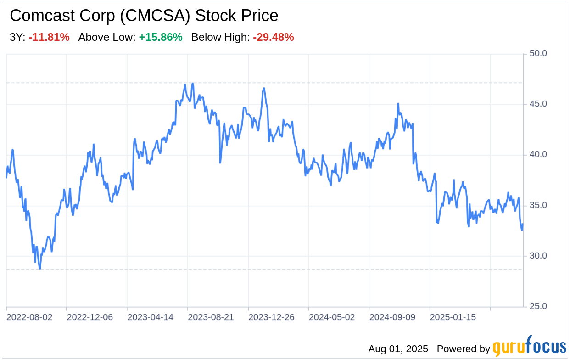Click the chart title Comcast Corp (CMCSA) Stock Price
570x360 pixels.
click(144, 16)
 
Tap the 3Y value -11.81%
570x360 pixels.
click(49, 38)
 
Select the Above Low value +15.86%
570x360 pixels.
click(161, 38)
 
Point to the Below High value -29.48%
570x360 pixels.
click(273, 38)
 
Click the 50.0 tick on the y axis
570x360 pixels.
click(538, 53)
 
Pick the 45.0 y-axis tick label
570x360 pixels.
click(538, 104)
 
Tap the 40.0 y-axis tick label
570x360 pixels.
click(538, 155)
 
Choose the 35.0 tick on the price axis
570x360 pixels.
click(538, 205)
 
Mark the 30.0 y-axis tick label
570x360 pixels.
click(538, 256)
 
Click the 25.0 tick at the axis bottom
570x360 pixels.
click(538, 306)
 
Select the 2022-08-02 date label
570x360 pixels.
click(29, 317)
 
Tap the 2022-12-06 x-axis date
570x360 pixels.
click(90, 317)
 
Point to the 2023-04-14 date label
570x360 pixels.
click(151, 317)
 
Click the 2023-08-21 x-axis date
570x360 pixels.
click(211, 317)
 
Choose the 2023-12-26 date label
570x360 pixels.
click(272, 317)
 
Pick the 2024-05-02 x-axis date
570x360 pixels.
click(332, 317)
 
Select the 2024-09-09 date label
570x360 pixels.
click(393, 317)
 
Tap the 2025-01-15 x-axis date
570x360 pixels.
click(453, 317)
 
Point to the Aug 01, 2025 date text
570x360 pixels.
click(398, 349)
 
